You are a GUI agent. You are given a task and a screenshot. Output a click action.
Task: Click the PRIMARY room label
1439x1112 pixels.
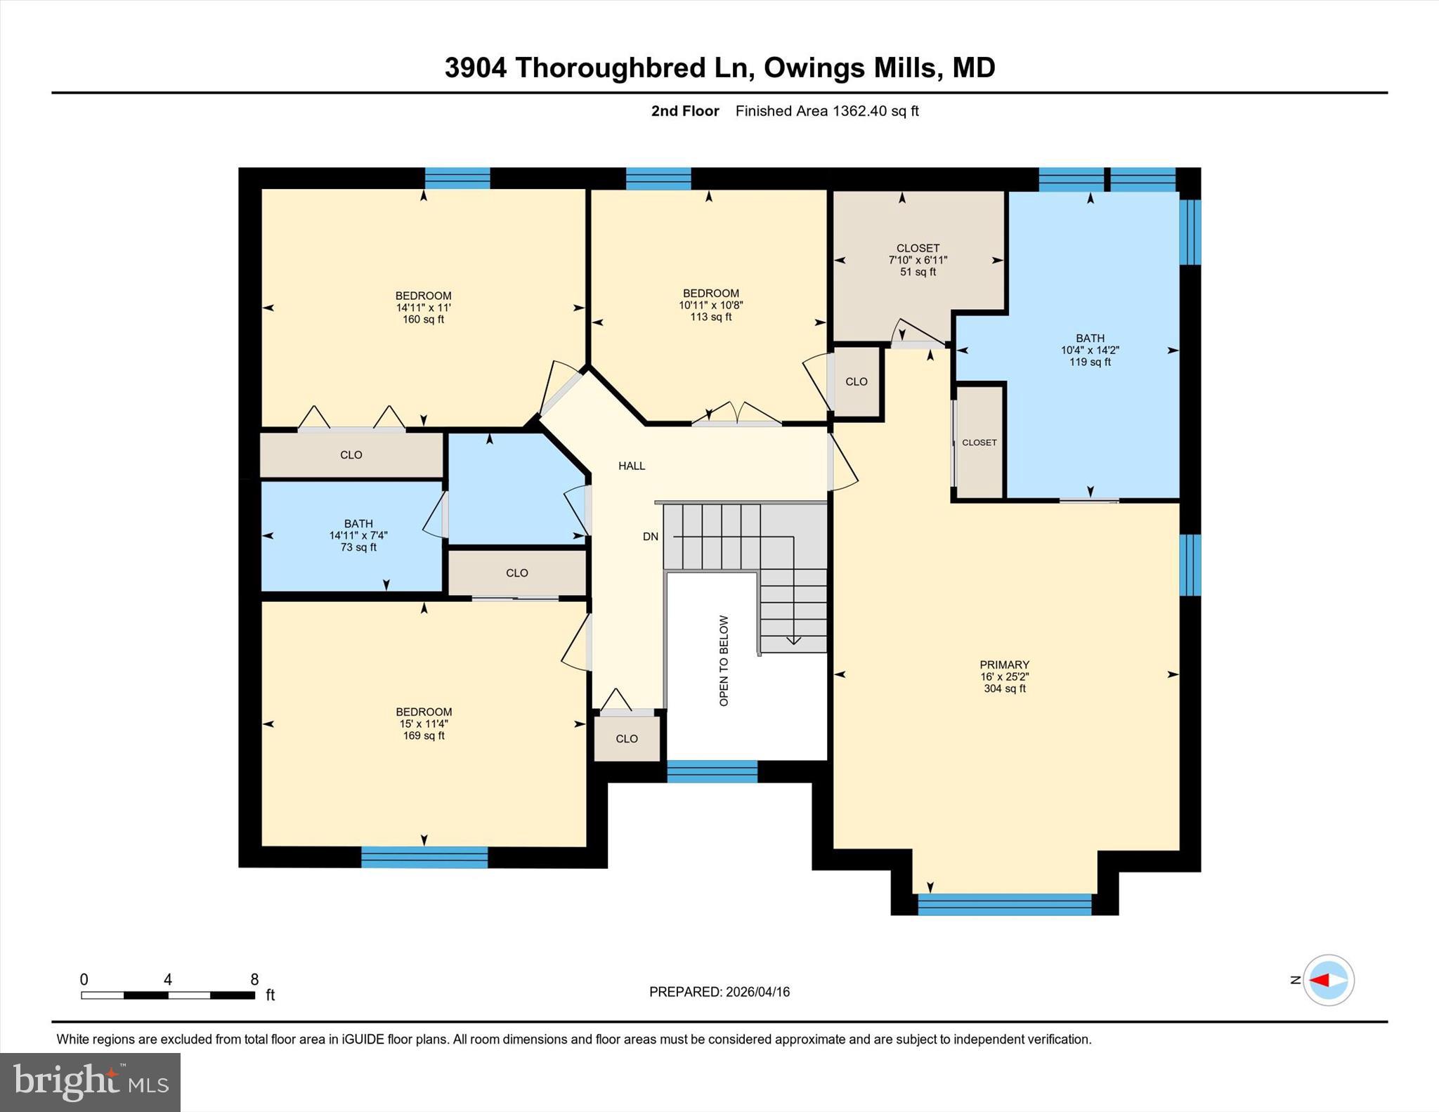pos(1004,665)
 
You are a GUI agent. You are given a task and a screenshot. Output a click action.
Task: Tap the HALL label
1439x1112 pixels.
pos(631,466)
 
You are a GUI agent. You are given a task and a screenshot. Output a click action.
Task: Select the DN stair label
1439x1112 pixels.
pos(650,537)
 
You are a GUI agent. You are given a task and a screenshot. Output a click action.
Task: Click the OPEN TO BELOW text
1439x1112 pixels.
pos(724,660)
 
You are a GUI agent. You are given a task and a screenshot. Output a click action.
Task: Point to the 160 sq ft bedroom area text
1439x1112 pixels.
pos(423,320)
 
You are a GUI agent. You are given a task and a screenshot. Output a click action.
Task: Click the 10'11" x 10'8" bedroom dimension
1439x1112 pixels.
pos(710,306)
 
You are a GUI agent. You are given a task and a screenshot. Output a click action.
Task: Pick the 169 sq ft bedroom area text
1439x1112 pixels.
pos(424,736)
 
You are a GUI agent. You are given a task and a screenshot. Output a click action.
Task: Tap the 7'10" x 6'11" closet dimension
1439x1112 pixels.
pos(918,260)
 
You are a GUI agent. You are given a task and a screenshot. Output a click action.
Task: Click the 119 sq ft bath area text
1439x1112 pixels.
pos(1090,362)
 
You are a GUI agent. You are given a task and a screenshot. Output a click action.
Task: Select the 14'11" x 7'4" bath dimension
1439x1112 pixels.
pos(358,535)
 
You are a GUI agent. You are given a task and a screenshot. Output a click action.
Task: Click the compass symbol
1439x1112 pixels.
pos(1328,980)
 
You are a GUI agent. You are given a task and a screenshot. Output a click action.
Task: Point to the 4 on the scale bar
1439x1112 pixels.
pos(167,980)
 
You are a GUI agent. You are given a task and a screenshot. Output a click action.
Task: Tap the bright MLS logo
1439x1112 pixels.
pos(90,1082)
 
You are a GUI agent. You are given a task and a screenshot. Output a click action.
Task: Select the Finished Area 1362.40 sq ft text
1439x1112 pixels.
pos(826,111)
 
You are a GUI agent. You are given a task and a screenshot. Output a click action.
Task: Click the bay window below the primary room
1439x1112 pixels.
pos(1004,905)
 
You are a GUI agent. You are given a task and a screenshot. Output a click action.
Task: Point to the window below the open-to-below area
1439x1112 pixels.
pos(712,771)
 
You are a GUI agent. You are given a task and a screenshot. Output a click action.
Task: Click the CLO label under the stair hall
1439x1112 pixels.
pos(626,738)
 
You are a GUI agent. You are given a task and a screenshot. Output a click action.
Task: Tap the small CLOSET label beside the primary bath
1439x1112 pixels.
pos(979,443)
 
